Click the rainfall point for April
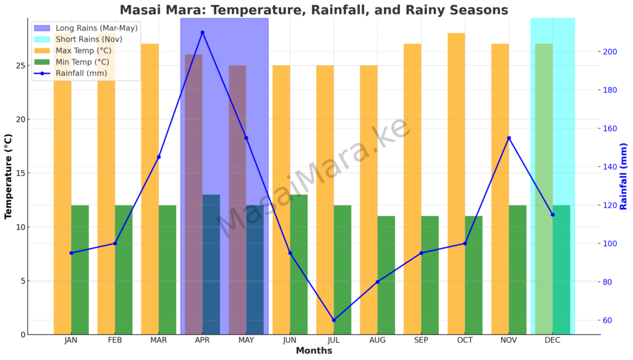click(203, 33)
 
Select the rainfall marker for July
click(334, 320)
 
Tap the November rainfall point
click(509, 138)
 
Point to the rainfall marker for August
click(378, 282)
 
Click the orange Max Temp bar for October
click(456, 184)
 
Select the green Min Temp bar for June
click(299, 265)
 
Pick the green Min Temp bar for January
click(80, 270)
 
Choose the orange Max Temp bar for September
click(412, 189)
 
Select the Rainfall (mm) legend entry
click(70, 73)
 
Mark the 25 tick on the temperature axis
click(21, 66)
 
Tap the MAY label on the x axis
click(246, 340)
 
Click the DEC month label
click(553, 340)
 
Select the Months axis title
click(314, 351)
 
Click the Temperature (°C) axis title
click(8, 176)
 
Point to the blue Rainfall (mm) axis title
click(624, 176)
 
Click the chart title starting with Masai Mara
click(314, 9)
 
